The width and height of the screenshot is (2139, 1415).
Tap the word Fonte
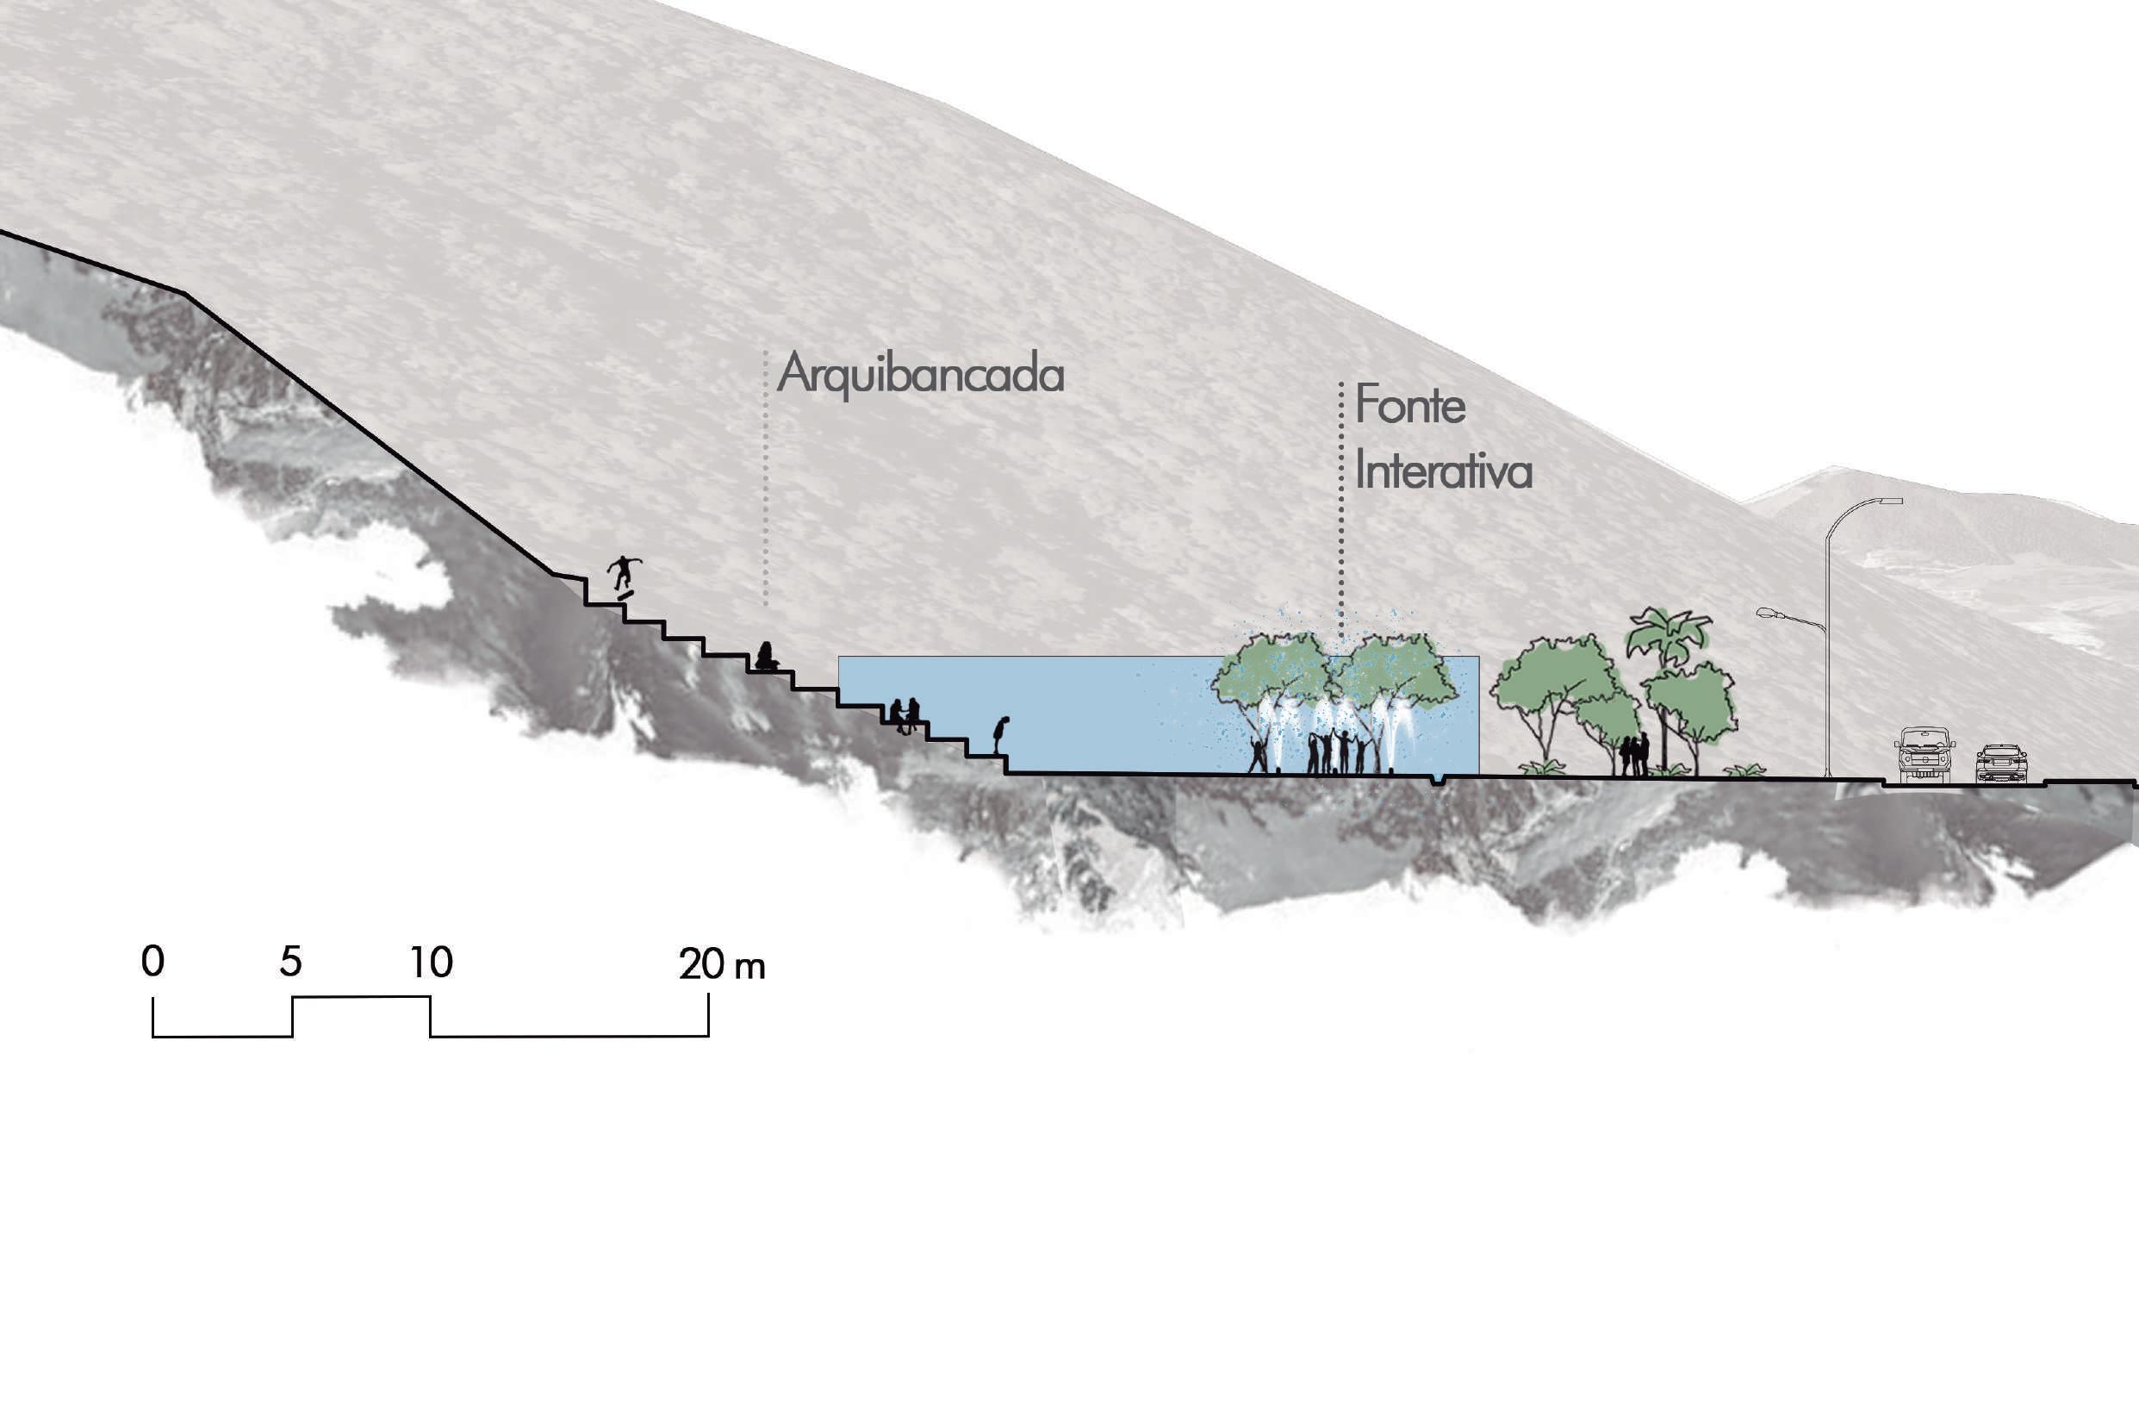click(x=1409, y=405)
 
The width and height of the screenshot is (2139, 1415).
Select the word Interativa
click(x=1444, y=472)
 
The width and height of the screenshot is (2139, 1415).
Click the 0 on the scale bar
click(x=152, y=962)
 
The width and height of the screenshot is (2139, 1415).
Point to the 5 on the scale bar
click(x=290, y=962)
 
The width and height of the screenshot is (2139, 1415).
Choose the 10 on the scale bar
click(x=432, y=963)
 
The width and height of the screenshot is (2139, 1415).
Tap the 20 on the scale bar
click(x=701, y=964)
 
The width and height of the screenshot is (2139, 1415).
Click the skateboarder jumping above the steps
click(x=624, y=575)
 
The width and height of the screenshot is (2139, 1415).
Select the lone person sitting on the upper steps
click(x=766, y=656)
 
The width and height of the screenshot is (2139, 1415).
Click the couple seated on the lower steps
click(x=904, y=714)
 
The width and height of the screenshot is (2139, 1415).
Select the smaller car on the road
click(x=2001, y=764)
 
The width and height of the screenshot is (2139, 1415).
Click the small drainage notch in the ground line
click(x=1437, y=780)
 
